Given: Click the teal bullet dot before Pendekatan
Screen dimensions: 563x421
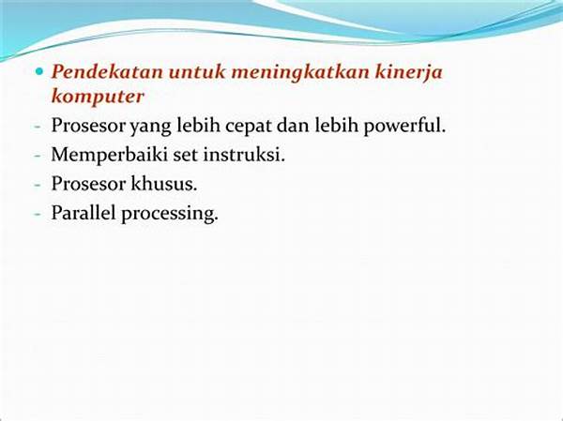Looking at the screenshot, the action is click(38, 71).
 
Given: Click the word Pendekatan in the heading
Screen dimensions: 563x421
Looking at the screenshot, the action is click(107, 72).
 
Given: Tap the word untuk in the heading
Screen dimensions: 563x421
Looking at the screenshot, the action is click(197, 72).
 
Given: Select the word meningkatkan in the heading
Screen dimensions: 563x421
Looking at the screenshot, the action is click(300, 74).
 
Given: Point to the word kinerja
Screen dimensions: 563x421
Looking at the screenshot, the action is click(409, 74).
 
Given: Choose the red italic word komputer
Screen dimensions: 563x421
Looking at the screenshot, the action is click(98, 98).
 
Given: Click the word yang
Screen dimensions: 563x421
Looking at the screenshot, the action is click(150, 128).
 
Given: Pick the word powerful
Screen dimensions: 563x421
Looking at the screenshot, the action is click(404, 126).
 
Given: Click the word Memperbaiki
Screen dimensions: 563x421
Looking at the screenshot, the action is click(110, 156).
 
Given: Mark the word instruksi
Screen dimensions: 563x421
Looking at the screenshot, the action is click(244, 155).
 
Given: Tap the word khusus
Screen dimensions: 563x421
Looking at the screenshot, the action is click(164, 184).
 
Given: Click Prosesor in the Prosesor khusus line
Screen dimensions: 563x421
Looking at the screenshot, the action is click(89, 184).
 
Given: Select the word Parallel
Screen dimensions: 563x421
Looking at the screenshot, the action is click(84, 213).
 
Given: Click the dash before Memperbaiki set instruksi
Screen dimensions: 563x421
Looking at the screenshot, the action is click(38, 157).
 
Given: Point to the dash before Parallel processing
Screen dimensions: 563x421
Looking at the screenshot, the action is click(38, 215).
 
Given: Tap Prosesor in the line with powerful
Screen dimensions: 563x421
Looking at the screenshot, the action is click(89, 126).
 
